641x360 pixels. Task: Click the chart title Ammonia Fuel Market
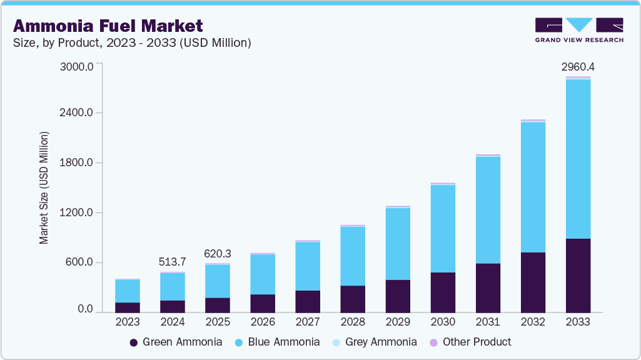click(x=108, y=26)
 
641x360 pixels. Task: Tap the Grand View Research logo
click(x=579, y=29)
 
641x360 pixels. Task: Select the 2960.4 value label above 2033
click(x=578, y=66)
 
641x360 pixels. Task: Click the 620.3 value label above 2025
click(x=218, y=254)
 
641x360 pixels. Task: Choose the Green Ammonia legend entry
click(x=176, y=342)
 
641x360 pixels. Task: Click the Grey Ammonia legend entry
click(x=373, y=342)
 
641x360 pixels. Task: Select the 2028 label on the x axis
click(x=353, y=322)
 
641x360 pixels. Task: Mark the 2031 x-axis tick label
click(x=488, y=322)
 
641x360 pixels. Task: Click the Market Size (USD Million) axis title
click(x=44, y=187)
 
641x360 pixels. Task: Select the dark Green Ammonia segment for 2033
click(x=578, y=275)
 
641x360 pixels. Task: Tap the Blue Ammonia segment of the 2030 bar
click(x=443, y=229)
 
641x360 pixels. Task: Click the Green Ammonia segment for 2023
click(x=128, y=307)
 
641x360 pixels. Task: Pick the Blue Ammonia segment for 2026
click(x=263, y=274)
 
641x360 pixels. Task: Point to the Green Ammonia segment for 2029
click(x=398, y=296)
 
